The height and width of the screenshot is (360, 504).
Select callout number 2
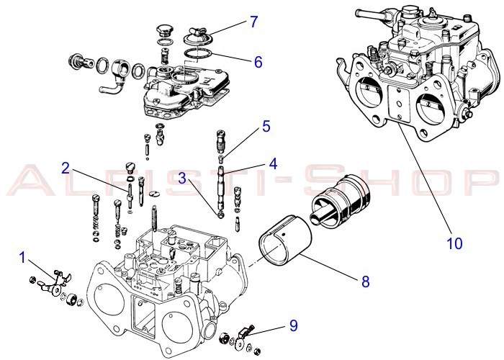click(x=66, y=168)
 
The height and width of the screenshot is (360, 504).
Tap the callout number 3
click(x=183, y=176)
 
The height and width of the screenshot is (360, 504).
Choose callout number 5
click(x=266, y=127)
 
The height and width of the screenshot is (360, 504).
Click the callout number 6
click(x=257, y=62)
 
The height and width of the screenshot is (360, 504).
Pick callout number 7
click(x=253, y=21)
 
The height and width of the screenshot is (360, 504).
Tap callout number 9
click(x=294, y=325)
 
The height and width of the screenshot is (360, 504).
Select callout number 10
click(x=454, y=243)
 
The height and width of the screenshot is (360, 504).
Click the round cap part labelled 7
click(x=197, y=34)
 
